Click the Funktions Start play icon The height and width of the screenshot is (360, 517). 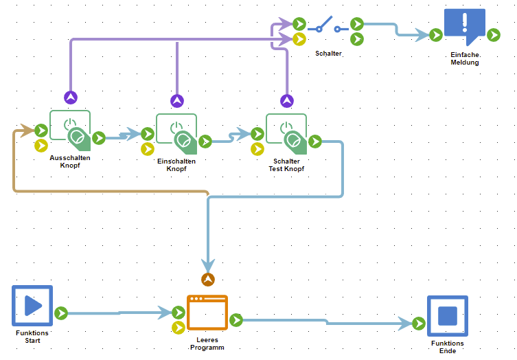pyautogui.click(x=32, y=306)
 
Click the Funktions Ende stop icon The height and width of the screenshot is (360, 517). pyautogui.click(x=447, y=315)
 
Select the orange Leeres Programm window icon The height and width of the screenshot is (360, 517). pyautogui.click(x=207, y=313)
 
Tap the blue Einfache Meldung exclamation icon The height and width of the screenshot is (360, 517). pyautogui.click(x=464, y=26)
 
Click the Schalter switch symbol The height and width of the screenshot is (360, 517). pyautogui.click(x=328, y=28)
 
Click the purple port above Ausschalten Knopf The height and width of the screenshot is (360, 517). pyautogui.click(x=70, y=98)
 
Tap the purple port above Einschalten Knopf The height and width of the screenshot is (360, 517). pyautogui.click(x=177, y=101)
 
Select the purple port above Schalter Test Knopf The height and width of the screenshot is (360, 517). pyautogui.click(x=287, y=101)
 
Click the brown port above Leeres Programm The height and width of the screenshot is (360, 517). pyautogui.click(x=208, y=279)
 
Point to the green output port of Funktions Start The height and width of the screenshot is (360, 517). pyautogui.click(x=61, y=313)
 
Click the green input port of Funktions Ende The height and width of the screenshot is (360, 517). pyautogui.click(x=419, y=323)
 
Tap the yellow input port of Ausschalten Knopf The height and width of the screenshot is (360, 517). pyautogui.click(x=41, y=145)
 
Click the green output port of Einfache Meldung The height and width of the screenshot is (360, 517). pyautogui.click(x=493, y=34)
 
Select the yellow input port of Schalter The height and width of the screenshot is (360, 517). pyautogui.click(x=299, y=39)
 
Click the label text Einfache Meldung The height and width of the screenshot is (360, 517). pyautogui.click(x=465, y=58)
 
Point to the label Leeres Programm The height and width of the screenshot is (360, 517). pyautogui.click(x=207, y=344)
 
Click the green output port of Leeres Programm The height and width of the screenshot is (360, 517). pyautogui.click(x=236, y=319)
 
